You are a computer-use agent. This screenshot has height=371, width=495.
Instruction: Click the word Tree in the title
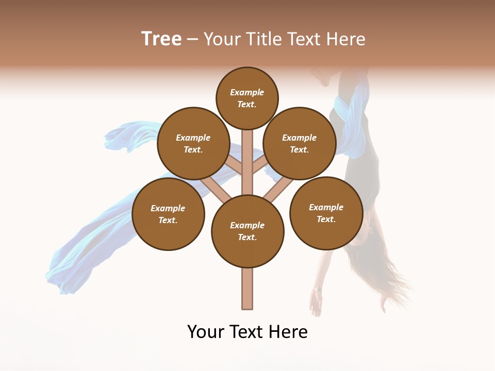coord(161,39)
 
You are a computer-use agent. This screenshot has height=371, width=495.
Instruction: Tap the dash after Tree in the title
coord(192,40)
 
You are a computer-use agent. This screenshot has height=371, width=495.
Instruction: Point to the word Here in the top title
coord(345,39)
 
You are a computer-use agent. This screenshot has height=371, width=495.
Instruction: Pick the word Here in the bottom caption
coord(288,331)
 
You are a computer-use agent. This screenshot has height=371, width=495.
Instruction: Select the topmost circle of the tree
coord(247,98)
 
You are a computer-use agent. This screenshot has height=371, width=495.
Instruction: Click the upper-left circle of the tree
coord(193,143)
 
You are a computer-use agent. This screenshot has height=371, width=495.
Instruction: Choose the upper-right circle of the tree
coord(300,143)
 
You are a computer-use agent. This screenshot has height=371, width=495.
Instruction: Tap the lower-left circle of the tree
coord(168,214)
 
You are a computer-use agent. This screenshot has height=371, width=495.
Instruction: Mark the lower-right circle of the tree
coord(326,213)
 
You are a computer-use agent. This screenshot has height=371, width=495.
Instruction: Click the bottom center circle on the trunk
coord(247,231)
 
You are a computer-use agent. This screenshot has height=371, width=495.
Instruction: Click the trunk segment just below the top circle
coord(247,142)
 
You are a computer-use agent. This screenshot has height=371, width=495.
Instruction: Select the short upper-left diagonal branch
coord(233,166)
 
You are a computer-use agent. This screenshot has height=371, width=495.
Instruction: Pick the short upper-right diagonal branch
coord(261,166)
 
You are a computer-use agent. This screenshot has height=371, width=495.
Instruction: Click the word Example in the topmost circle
coord(247,92)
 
